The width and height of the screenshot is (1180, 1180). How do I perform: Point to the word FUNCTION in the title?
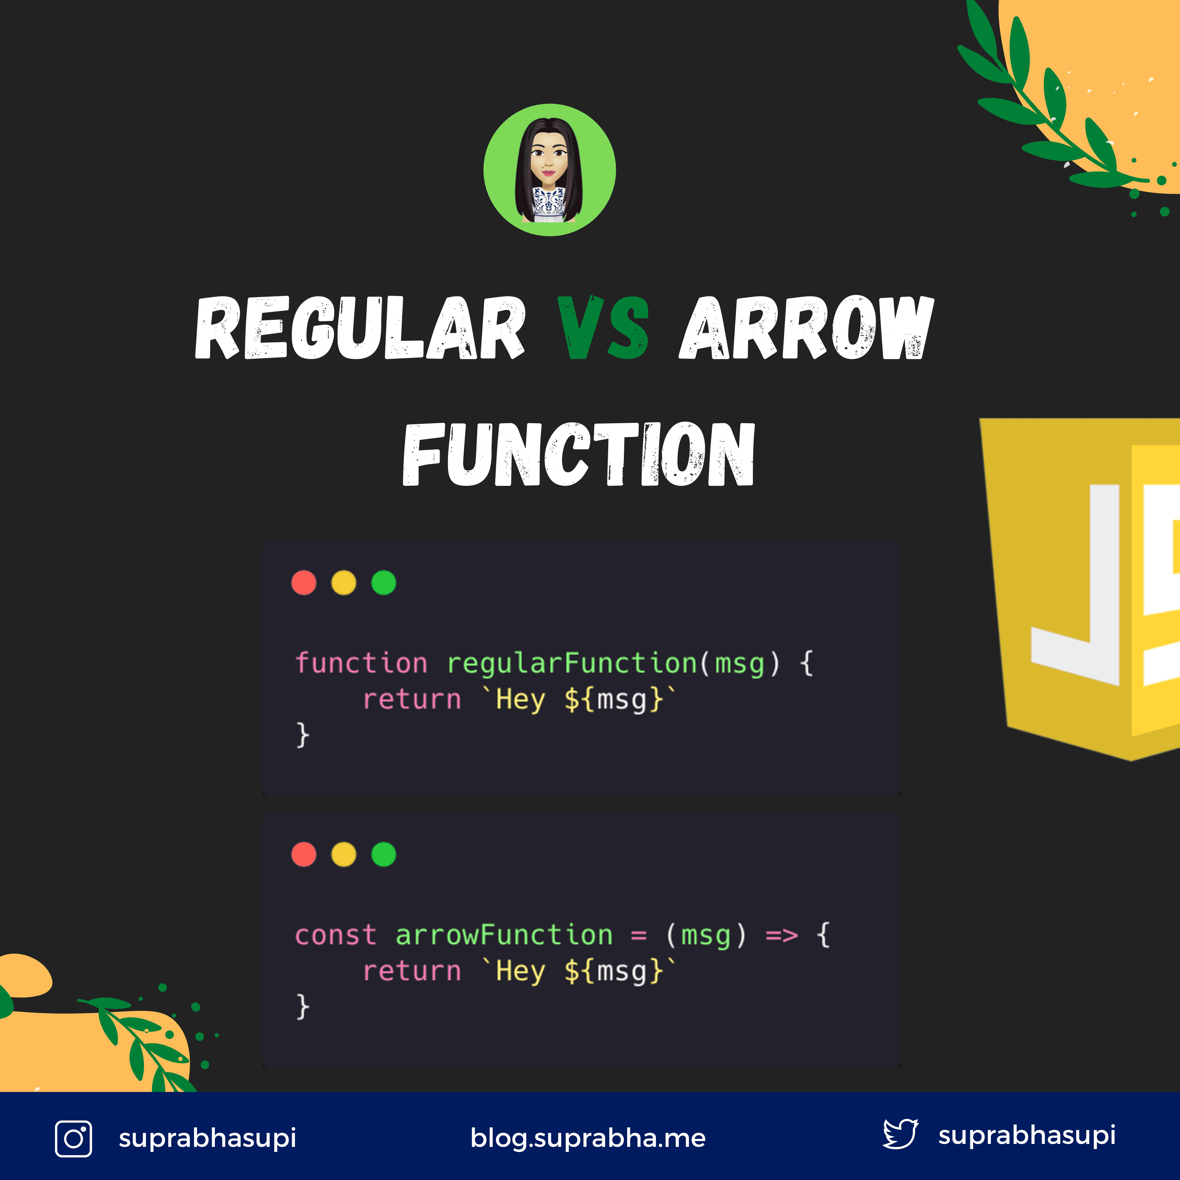[578, 455]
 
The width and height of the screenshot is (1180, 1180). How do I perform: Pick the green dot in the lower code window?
[383, 854]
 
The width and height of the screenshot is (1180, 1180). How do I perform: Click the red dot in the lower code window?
[303, 854]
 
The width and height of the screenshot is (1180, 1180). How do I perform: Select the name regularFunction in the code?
[572, 663]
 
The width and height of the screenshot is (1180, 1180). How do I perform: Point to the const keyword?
[335, 936]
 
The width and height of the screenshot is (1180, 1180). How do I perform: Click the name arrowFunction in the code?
[504, 935]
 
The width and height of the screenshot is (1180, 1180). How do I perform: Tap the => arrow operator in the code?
[782, 936]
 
